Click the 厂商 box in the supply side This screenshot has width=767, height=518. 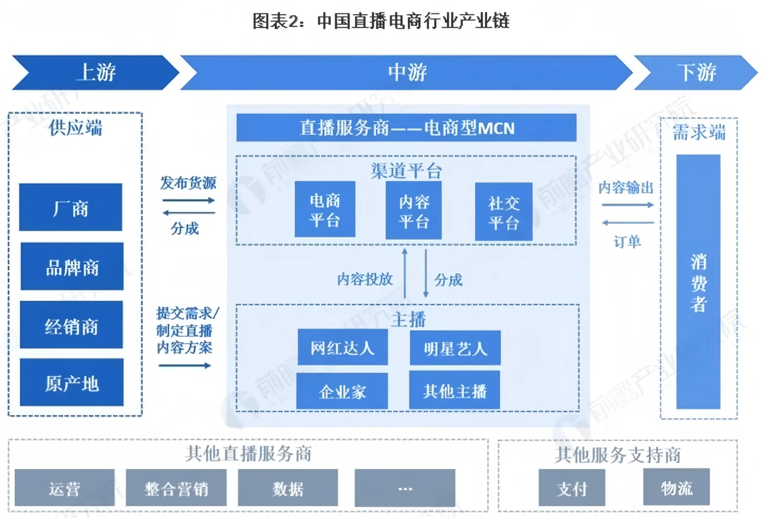pyautogui.click(x=70, y=207)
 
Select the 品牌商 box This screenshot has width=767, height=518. pyautogui.click(x=72, y=267)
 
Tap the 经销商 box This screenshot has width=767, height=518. pyautogui.click(x=71, y=325)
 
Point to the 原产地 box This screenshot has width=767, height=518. pyautogui.click(x=71, y=383)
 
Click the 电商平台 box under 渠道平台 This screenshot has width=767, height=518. pyautogui.click(x=325, y=210)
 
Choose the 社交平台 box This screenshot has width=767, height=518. pyautogui.click(x=503, y=212)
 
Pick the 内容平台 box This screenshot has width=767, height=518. pyautogui.click(x=413, y=211)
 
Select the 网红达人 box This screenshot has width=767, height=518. pyautogui.click(x=342, y=347)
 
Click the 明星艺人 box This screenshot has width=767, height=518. pyautogui.click(x=455, y=348)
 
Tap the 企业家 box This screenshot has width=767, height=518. pyautogui.click(x=342, y=391)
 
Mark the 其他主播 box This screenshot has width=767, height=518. pyautogui.click(x=454, y=390)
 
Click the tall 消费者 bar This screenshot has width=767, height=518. pyautogui.click(x=698, y=282)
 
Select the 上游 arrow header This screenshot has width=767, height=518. pyautogui.click(x=96, y=72)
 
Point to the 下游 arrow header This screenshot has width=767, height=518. pyautogui.click(x=696, y=72)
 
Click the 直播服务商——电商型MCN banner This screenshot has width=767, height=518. pyautogui.click(x=406, y=128)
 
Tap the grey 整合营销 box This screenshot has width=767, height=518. pyautogui.click(x=176, y=488)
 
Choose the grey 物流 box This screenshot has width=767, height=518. pyautogui.click(x=676, y=487)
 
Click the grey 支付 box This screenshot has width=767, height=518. pyautogui.click(x=571, y=488)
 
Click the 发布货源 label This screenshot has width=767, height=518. pyautogui.click(x=188, y=183)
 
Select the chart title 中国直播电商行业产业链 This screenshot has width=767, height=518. pyautogui.click(x=381, y=21)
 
